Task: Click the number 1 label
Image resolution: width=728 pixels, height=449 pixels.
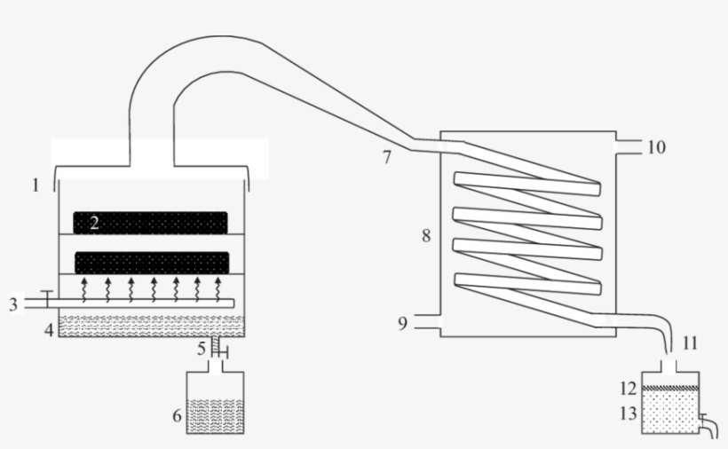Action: (35, 185)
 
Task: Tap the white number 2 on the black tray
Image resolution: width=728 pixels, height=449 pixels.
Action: (93, 223)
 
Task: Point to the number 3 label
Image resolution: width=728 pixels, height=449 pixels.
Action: (13, 304)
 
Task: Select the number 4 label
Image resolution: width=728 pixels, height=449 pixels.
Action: (49, 330)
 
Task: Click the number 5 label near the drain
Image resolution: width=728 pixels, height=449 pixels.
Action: (202, 348)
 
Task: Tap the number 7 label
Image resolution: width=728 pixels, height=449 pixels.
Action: (386, 157)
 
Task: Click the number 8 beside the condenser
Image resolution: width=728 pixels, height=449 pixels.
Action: (426, 236)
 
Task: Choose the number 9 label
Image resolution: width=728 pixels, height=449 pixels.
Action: (402, 324)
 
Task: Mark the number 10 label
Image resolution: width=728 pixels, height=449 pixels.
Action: (654, 147)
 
